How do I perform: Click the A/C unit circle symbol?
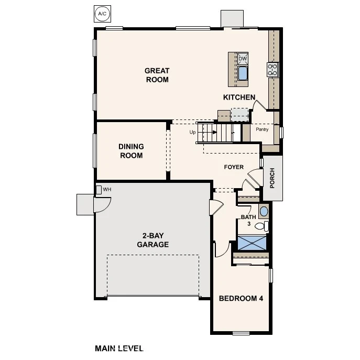click(x=102, y=14)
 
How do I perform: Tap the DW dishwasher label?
click(x=243, y=59)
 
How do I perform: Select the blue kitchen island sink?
click(x=243, y=73)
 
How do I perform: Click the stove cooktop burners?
click(x=273, y=70)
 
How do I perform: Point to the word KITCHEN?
click(x=239, y=97)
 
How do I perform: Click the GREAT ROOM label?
click(x=157, y=75)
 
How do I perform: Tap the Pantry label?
click(x=262, y=129)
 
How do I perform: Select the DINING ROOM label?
click(x=132, y=151)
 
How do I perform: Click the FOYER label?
click(x=234, y=167)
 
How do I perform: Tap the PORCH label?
click(x=272, y=178)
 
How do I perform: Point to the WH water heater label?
click(x=107, y=189)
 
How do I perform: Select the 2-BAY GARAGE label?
click(x=153, y=240)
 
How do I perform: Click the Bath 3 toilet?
click(x=261, y=226)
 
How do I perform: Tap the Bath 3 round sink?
click(x=264, y=211)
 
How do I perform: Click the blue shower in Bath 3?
click(x=252, y=242)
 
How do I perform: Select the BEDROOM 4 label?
click(x=241, y=298)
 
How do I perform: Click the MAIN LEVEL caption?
click(x=119, y=348)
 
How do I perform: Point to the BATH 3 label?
click(x=248, y=220)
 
